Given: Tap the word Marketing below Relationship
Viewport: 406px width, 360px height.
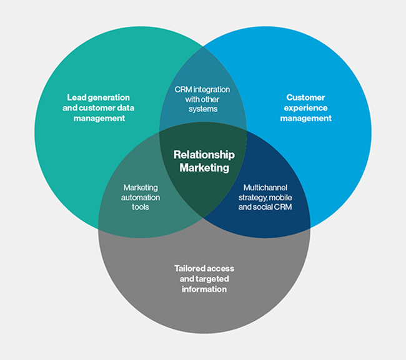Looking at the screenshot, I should click(204, 167).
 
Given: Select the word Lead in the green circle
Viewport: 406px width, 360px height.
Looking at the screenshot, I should click(76, 97).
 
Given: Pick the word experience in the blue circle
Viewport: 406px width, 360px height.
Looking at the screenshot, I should click(305, 107).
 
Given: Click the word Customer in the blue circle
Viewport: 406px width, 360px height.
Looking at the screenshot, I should click(305, 97).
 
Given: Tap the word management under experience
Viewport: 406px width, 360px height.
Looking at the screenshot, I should click(305, 118).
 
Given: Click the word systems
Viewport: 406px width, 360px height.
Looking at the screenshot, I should click(202, 109).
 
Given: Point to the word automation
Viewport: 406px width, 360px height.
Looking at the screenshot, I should click(141, 197).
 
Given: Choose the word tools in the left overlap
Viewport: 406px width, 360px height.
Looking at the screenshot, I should click(141, 207).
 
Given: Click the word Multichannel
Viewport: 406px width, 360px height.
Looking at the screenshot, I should click(265, 187).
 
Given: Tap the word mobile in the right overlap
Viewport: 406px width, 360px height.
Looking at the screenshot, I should click(279, 197).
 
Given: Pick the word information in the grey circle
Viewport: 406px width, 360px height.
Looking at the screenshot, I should click(204, 289).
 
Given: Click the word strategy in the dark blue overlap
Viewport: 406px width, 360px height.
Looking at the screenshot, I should click(252, 197).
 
